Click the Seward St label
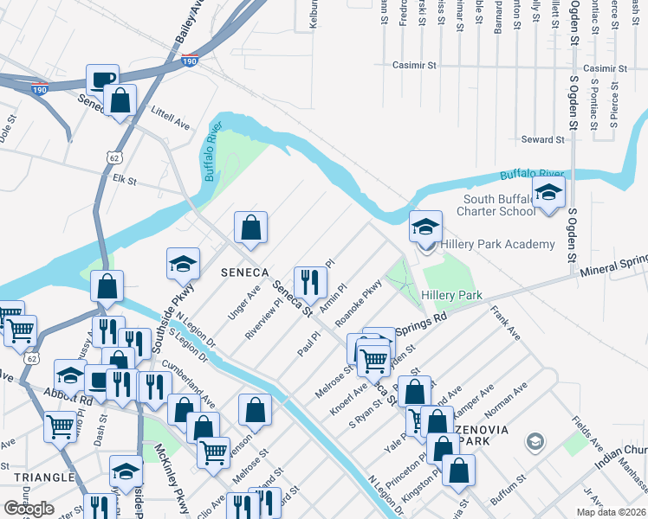pos(542,139)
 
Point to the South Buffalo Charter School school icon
pos(548,194)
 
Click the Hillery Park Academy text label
pos(497,244)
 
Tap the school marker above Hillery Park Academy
pos(425,227)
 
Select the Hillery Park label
pos(451,295)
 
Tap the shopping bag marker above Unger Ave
pos(250,228)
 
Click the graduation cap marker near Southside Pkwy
pos(183,264)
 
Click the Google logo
pos(29,509)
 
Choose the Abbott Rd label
pos(74,400)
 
